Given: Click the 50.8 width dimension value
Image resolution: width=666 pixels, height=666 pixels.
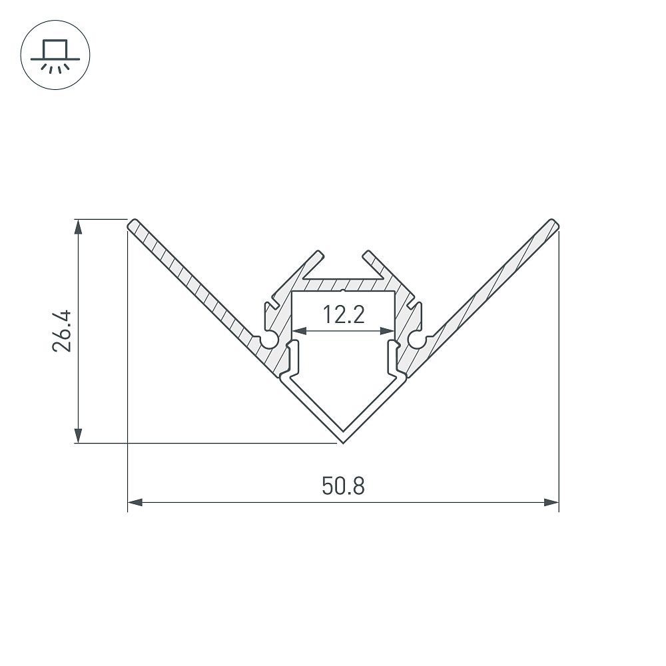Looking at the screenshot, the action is pyautogui.click(x=343, y=486).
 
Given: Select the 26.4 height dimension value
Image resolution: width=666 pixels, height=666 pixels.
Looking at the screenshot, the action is pyautogui.click(x=62, y=331).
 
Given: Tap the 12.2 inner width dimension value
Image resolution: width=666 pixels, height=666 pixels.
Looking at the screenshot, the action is pyautogui.click(x=344, y=315).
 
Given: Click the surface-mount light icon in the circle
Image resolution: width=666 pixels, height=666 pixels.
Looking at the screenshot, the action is pyautogui.click(x=55, y=56).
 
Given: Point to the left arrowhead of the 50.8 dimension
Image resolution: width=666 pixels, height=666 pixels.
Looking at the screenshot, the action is pyautogui.click(x=135, y=502).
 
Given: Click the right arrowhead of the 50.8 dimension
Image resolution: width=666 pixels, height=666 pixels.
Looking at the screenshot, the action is pyautogui.click(x=551, y=502).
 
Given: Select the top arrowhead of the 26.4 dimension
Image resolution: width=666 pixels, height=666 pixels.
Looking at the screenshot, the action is pyautogui.click(x=78, y=227).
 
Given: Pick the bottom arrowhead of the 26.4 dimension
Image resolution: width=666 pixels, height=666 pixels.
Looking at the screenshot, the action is pyautogui.click(x=78, y=436).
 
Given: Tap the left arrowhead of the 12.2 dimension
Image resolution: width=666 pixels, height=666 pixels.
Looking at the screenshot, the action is pyautogui.click(x=300, y=330).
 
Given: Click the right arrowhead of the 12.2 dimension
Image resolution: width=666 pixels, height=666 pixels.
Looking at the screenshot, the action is pyautogui.click(x=388, y=330).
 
